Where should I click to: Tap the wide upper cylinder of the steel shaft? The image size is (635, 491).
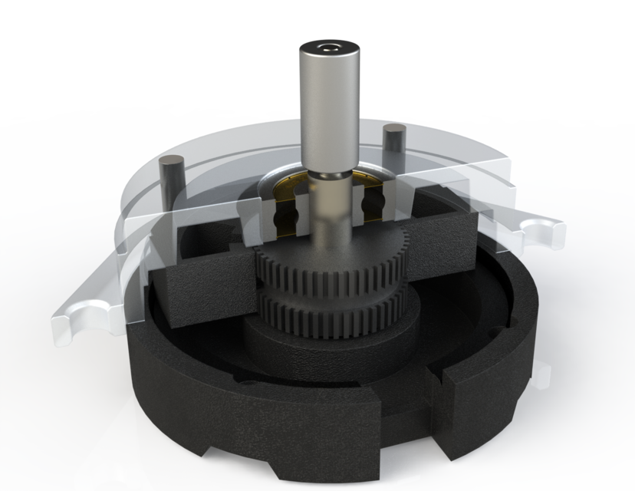point(329,107)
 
